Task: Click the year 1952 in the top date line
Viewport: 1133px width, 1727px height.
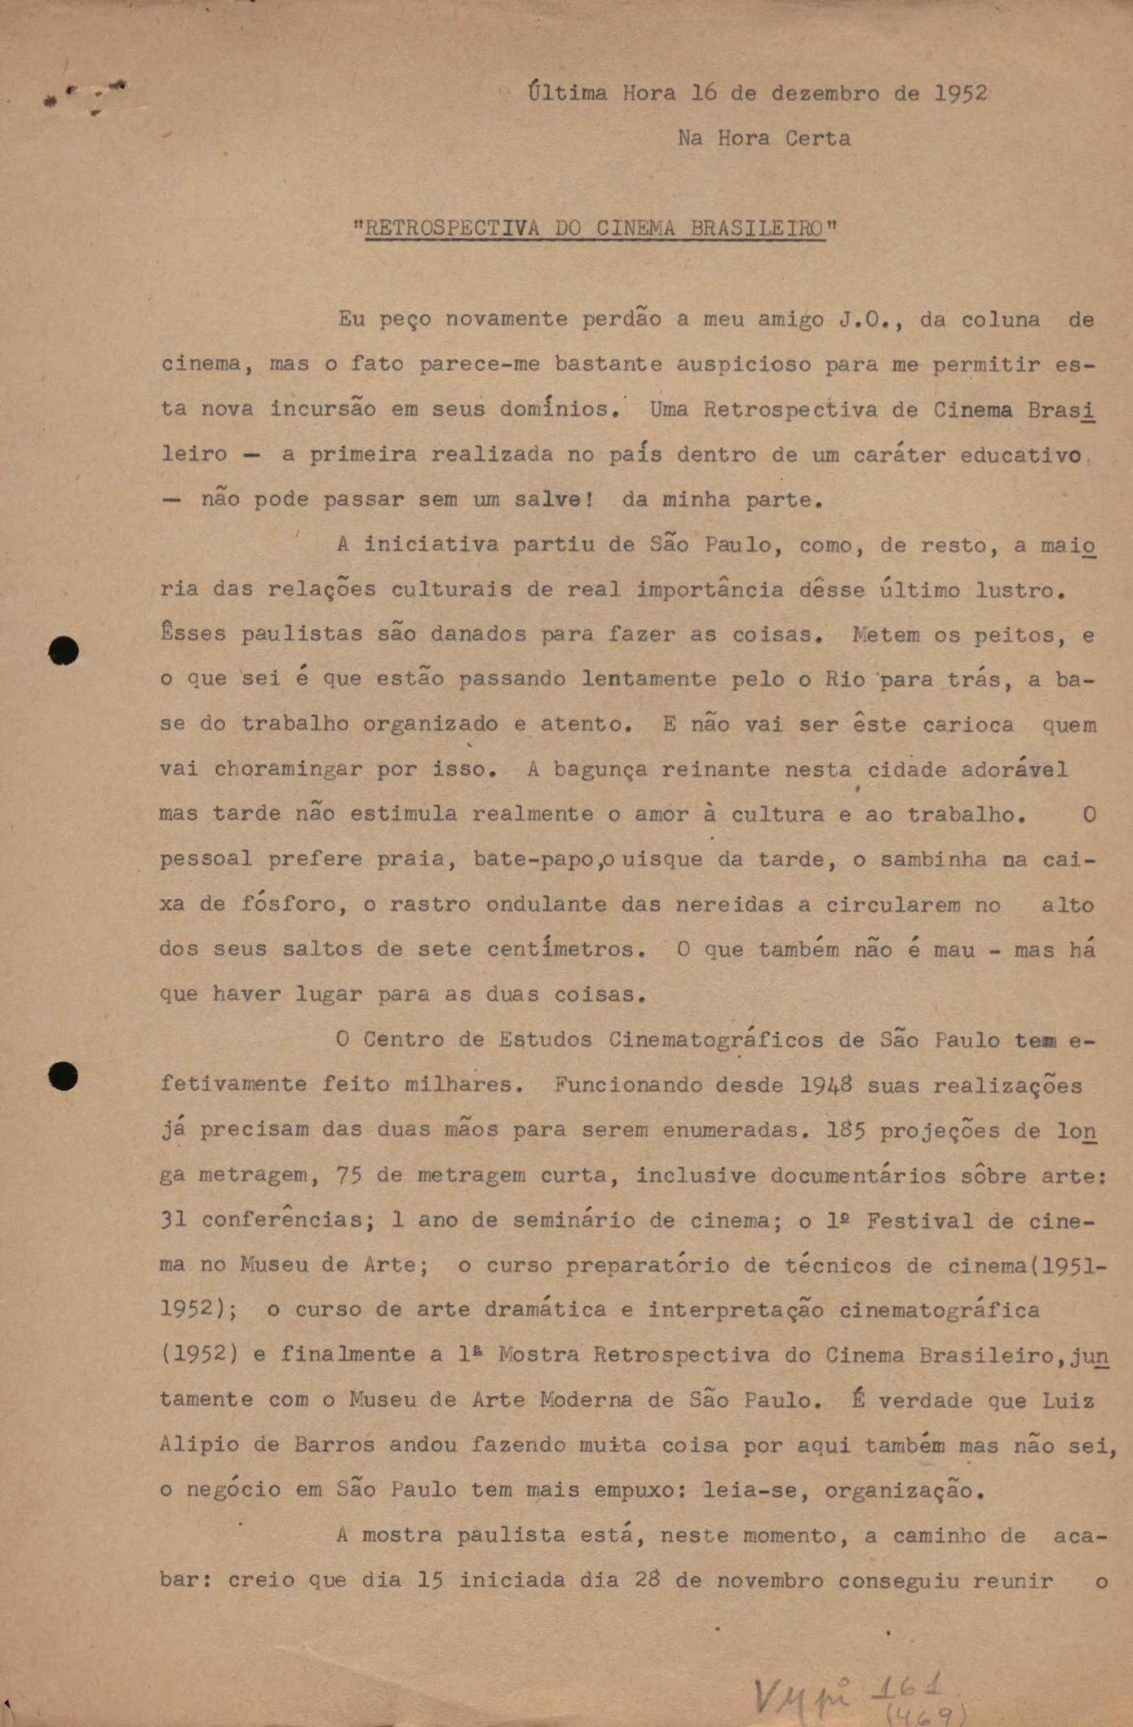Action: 960,93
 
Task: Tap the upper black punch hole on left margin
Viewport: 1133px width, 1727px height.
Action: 64,651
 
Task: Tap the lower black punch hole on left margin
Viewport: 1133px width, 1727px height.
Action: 64,1076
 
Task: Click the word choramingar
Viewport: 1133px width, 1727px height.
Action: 288,769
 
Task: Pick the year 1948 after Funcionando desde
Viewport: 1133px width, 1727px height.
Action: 825,1086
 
